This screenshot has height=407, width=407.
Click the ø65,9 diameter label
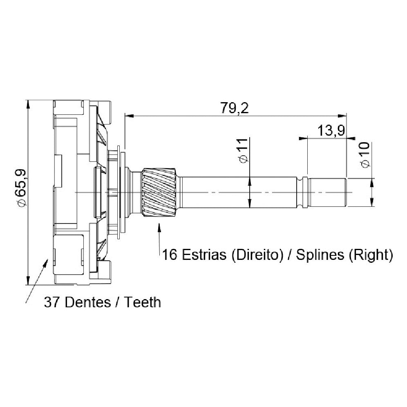20,188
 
